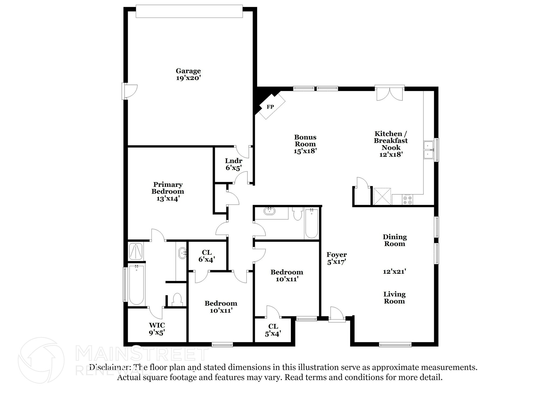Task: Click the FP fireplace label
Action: [x=270, y=107]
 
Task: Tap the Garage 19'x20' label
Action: [x=188, y=74]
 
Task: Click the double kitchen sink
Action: [x=428, y=150]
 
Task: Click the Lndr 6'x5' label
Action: [x=234, y=164]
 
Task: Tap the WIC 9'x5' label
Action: [x=157, y=329]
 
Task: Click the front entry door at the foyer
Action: [x=336, y=315]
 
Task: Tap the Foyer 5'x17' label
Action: [x=337, y=258]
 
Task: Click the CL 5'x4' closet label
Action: [x=273, y=330]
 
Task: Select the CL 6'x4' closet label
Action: [x=207, y=256]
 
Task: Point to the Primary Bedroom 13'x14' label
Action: [x=168, y=191]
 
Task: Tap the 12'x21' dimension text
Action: [x=394, y=271]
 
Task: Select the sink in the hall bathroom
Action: [x=270, y=211]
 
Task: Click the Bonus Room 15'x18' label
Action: [x=305, y=144]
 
